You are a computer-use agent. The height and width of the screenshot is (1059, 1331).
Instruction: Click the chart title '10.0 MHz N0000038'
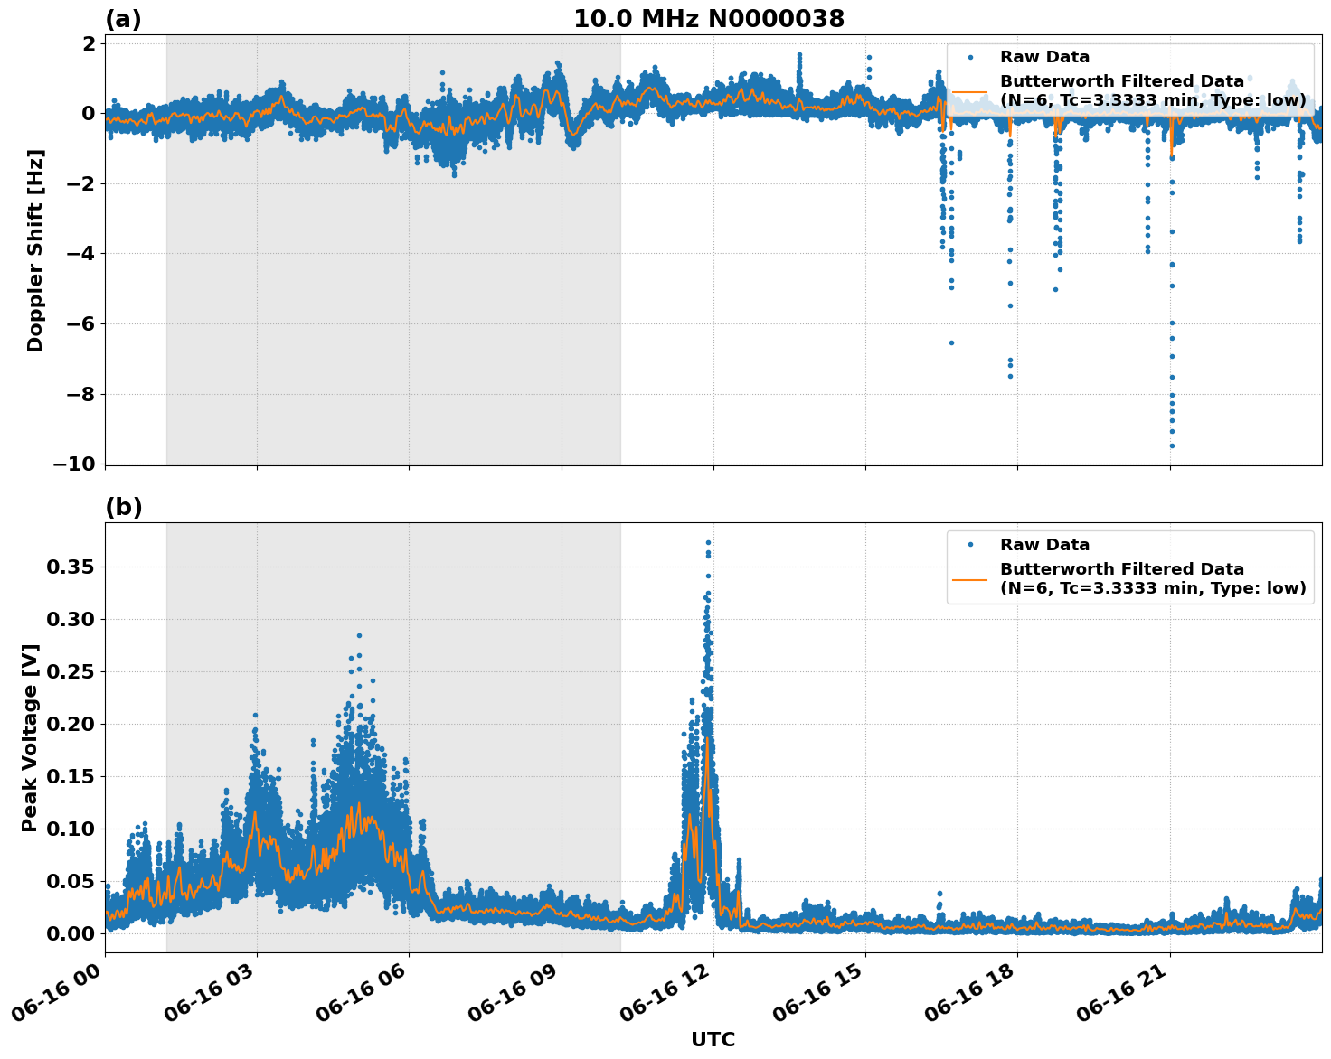point(709,19)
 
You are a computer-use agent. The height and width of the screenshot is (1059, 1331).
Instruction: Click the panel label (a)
point(123,19)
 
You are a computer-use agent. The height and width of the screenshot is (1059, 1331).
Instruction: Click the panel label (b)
point(123,507)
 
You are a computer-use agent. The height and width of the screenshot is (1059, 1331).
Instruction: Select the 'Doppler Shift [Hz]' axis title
point(35,250)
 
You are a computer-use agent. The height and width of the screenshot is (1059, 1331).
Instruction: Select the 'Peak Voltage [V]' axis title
point(31,737)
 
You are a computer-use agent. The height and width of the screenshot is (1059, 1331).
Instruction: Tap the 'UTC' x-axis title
point(713,1039)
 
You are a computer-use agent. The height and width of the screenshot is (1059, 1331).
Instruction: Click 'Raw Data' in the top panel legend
point(1044,58)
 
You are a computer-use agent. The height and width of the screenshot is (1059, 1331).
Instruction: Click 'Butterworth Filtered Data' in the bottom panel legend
point(1121,569)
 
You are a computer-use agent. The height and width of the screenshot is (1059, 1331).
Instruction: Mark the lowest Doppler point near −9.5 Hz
point(1172,445)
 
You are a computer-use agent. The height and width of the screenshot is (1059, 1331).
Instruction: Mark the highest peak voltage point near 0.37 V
point(708,542)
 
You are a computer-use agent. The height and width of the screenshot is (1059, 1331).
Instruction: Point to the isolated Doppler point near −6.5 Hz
point(951,342)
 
